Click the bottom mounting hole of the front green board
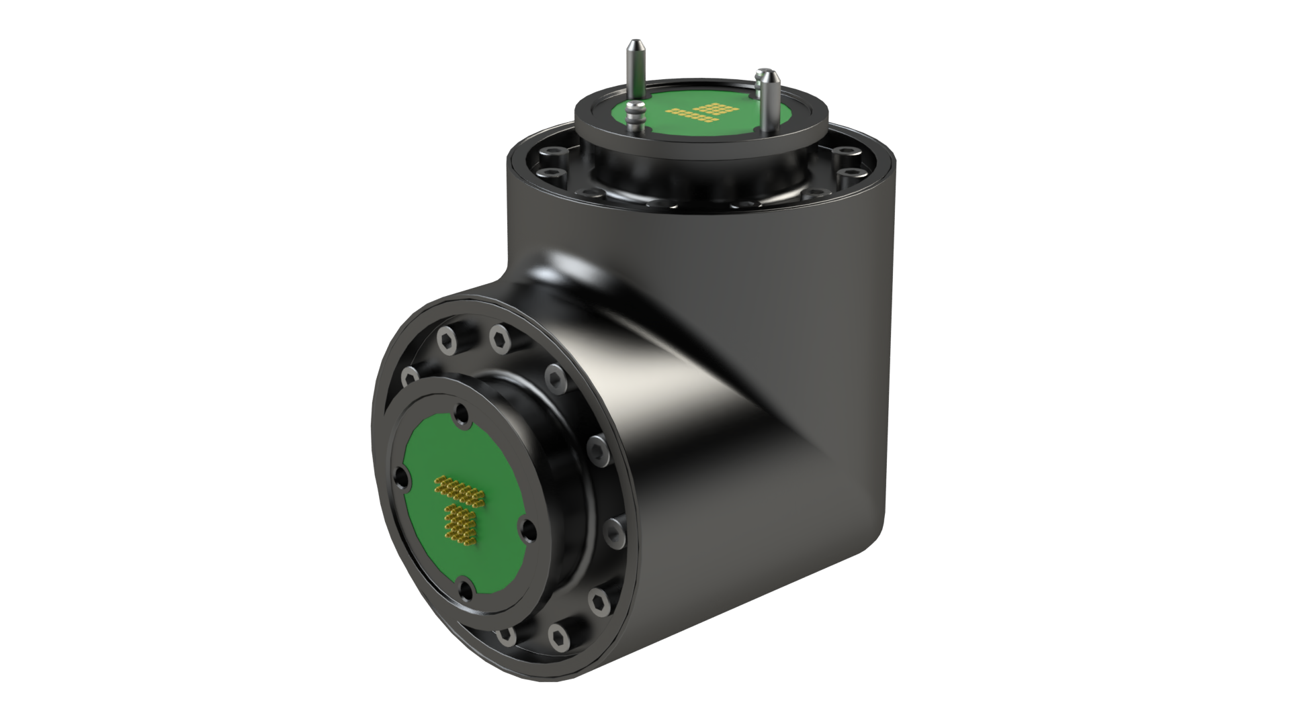465,590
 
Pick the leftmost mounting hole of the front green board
401,479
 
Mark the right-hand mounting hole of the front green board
527,529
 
